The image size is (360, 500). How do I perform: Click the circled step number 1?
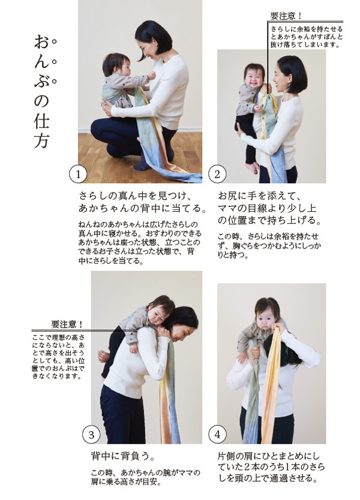point(79,175)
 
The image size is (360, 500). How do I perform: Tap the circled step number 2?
point(217,175)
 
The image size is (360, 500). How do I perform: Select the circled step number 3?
point(91,433)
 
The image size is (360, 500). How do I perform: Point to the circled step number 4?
point(217,433)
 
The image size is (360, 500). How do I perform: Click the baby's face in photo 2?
point(254,75)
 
